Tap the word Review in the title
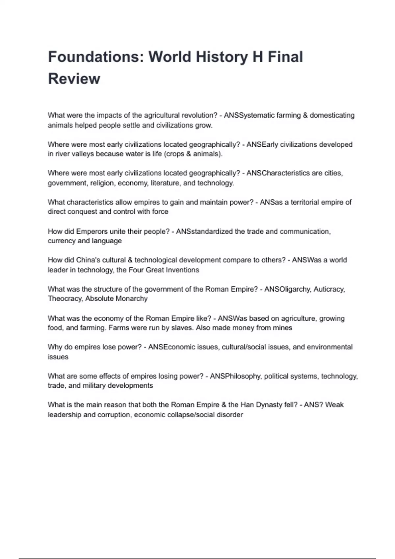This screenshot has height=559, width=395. [x=74, y=79]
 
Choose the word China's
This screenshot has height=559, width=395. [x=88, y=260]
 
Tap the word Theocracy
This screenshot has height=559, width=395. [x=65, y=299]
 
